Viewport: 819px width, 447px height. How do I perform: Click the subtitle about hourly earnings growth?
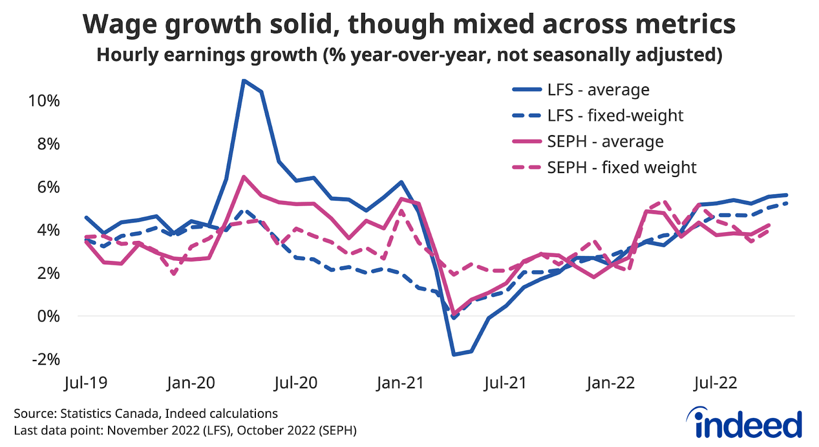(409, 55)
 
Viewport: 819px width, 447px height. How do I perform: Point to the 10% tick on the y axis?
(44, 101)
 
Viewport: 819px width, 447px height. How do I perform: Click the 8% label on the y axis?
(48, 144)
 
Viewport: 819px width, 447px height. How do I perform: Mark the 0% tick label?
(48, 317)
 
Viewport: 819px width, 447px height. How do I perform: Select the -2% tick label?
(46, 360)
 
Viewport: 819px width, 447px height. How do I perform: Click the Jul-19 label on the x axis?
(85, 383)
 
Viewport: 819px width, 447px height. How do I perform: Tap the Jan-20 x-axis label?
(191, 383)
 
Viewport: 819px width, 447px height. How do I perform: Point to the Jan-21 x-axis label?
(400, 383)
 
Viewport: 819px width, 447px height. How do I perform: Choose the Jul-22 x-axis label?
(715, 383)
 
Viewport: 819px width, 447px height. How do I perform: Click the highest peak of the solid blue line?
(244, 80)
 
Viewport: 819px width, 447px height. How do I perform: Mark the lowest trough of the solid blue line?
(454, 354)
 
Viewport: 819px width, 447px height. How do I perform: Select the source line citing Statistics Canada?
(145, 414)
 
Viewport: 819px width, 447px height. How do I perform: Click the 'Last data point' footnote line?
(185, 431)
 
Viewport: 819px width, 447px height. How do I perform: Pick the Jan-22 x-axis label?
(610, 383)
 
